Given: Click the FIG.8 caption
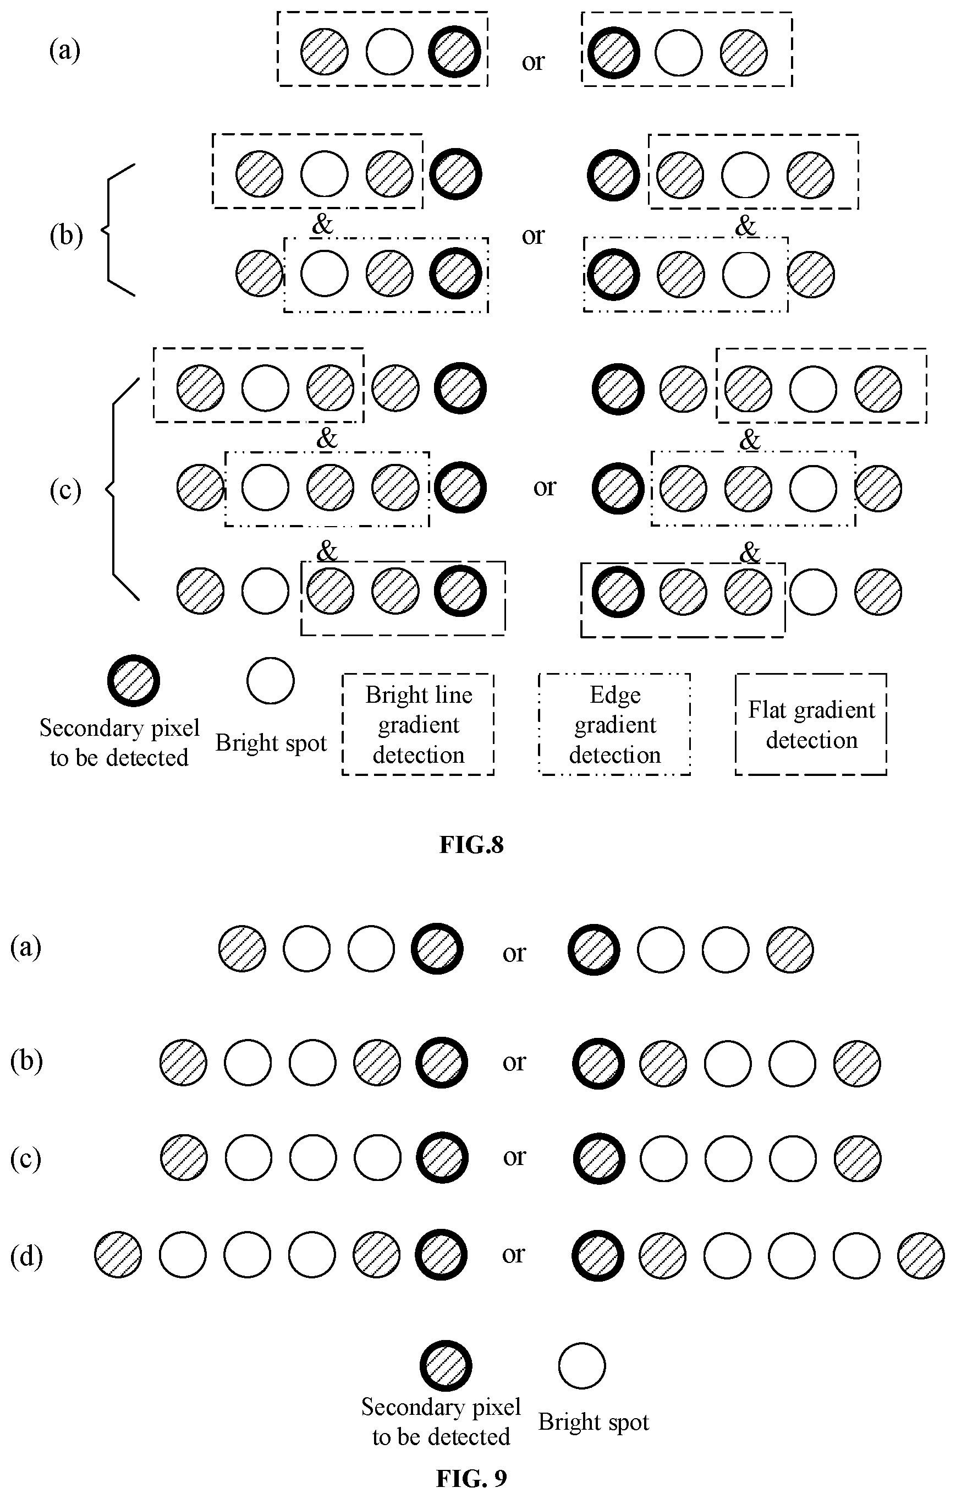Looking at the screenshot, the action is click(471, 845).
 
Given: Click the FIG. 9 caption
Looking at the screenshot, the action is click(471, 1479).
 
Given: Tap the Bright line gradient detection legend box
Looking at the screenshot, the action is click(418, 724).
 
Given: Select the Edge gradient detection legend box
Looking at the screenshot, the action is click(614, 724).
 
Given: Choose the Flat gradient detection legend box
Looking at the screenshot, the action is click(811, 724).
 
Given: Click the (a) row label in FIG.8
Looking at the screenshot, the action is click(64, 50).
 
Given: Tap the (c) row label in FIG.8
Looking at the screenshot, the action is click(65, 490).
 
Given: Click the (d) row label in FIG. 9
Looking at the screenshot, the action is click(26, 1256).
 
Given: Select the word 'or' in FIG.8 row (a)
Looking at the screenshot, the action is click(533, 61).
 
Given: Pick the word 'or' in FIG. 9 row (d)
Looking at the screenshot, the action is click(514, 1255).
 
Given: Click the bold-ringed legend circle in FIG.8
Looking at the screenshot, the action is click(134, 681).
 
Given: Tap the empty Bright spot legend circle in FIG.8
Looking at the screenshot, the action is click(270, 681).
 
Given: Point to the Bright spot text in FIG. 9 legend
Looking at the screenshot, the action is click(594, 1421).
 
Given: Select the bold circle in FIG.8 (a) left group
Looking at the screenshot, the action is click(454, 51).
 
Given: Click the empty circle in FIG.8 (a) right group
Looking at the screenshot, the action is click(679, 52).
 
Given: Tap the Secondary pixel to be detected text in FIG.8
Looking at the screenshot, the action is click(119, 743).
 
